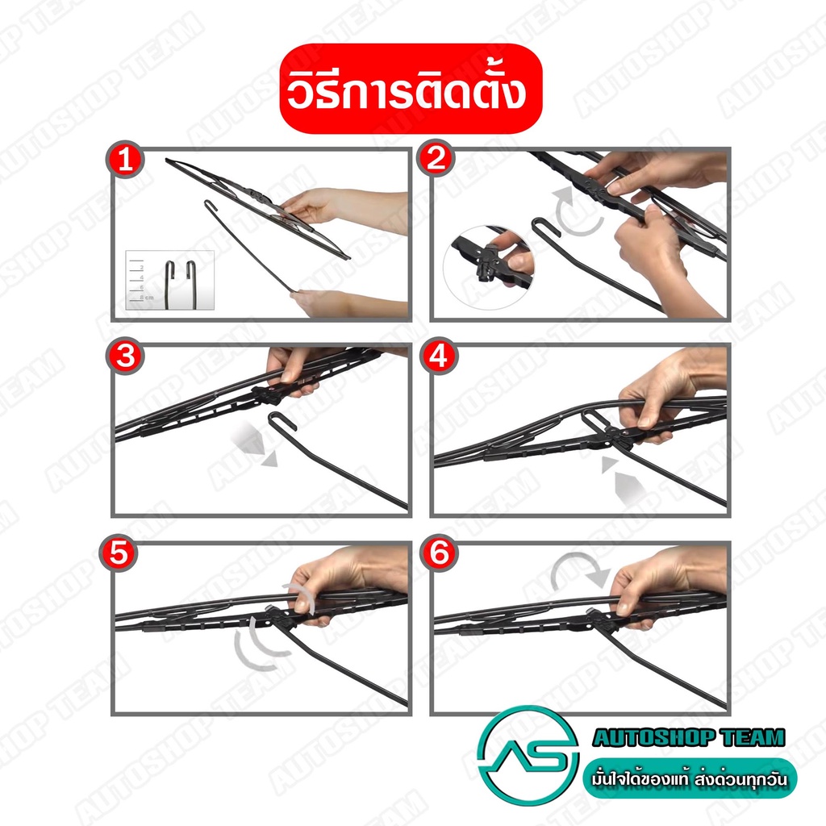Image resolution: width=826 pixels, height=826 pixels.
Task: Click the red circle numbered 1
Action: point(125,159)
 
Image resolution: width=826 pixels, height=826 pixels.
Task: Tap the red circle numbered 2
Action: point(436,158)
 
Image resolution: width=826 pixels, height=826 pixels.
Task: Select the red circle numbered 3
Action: point(125,356)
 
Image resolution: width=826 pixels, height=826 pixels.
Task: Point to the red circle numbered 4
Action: point(439,356)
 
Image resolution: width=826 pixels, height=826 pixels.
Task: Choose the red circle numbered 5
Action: point(119,553)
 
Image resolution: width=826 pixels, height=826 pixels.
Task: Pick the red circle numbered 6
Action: point(439,553)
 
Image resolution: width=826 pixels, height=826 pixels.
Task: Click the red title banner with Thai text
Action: point(411,89)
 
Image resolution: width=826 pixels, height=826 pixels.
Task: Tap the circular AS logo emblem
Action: point(528,757)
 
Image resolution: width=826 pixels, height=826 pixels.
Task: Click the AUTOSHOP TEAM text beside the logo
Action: point(689,737)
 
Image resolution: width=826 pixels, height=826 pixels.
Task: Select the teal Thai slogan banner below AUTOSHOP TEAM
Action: point(690,778)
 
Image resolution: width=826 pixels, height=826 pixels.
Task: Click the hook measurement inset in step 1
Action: point(169,280)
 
